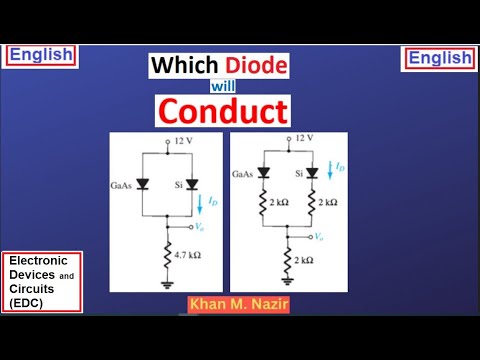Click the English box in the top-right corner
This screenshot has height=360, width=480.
point(439,58)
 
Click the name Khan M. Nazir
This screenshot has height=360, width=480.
point(237,301)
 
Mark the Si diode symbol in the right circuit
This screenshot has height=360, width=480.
point(313,172)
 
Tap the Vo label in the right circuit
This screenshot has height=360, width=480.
point(319,236)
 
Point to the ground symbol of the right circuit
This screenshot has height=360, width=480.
point(290,283)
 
